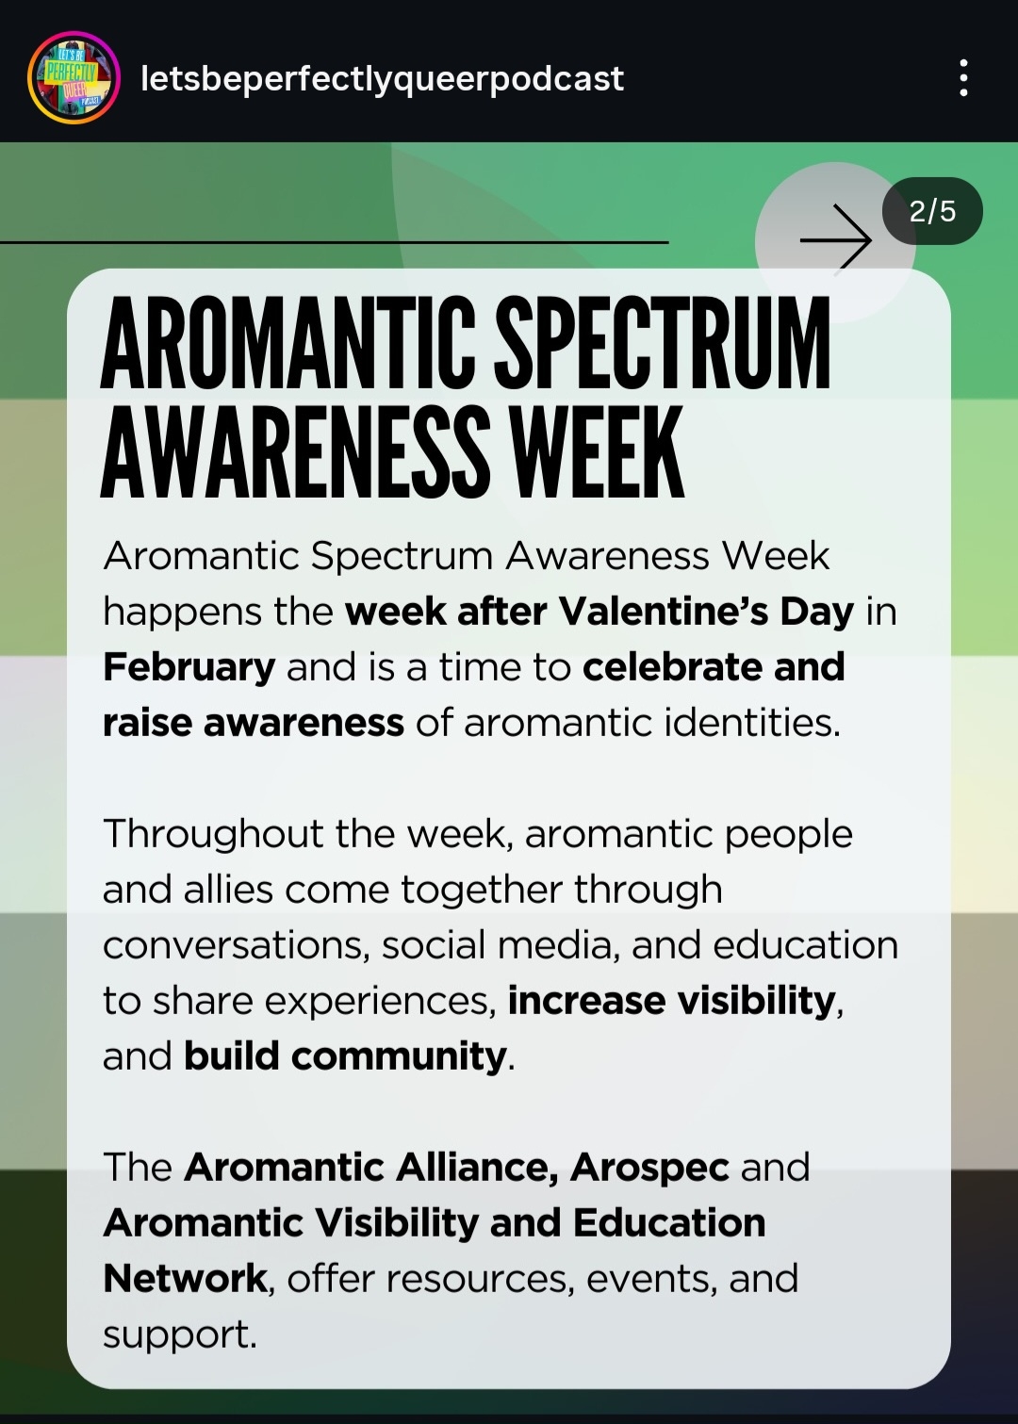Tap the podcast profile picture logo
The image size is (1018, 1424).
click(74, 77)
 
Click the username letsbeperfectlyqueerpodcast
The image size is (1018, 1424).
click(382, 79)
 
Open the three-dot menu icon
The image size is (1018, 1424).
click(964, 78)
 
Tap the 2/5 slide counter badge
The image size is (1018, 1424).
click(932, 211)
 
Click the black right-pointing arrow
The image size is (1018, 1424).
click(835, 240)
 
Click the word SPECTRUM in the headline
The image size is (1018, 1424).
click(664, 343)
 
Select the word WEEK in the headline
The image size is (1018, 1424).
click(598, 451)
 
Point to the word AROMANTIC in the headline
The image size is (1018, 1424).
click(288, 343)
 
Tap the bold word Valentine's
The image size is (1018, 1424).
click(664, 612)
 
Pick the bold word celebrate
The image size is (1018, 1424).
click(672, 667)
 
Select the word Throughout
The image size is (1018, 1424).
click(213, 835)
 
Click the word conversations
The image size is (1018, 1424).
click(237, 946)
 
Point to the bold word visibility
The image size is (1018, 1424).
click(756, 1002)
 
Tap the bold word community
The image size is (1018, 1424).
click(399, 1057)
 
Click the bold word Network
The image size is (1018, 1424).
click(185, 1279)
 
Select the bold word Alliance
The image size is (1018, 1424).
click(477, 1167)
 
